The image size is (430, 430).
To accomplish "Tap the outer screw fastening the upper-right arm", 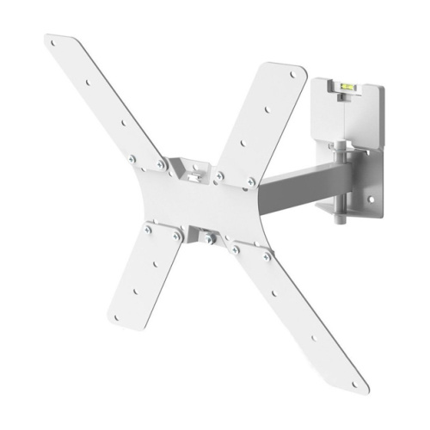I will (251, 181).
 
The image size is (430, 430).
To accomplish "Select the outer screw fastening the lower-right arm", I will (265, 255).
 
